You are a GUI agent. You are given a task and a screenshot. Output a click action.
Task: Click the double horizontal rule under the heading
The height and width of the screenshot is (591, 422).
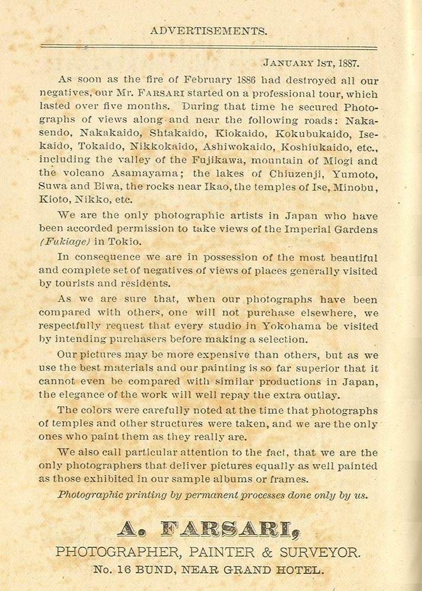click(x=209, y=47)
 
